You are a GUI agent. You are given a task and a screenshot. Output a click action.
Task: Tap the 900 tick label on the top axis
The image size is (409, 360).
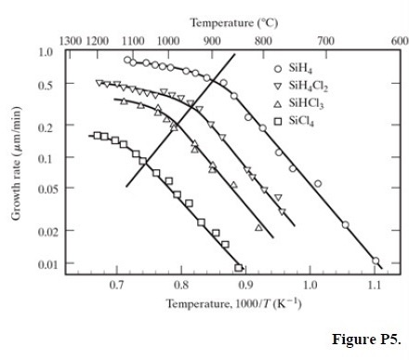tap(212, 41)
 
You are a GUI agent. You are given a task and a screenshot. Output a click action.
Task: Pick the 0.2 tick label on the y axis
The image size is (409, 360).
tap(46, 126)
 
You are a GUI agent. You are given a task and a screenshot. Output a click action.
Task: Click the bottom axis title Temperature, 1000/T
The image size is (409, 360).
tap(232, 303)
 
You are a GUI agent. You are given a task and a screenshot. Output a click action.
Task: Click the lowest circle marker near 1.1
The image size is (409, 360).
tap(376, 260)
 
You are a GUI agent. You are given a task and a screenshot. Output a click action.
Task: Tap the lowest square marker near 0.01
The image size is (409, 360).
tap(239, 267)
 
